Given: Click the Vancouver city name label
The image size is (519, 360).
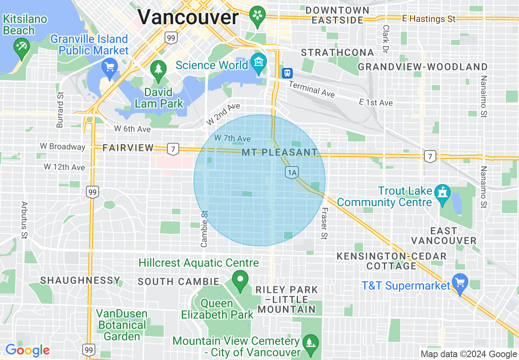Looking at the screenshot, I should coord(188,18).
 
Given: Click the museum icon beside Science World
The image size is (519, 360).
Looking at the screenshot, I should coord(259,62).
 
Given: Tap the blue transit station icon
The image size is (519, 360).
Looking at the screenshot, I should coord(287,73).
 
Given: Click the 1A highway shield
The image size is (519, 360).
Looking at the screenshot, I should coord(292,173).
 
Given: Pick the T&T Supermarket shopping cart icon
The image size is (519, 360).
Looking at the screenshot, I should coord(460,283).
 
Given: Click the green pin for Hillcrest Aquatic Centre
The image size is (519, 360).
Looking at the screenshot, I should coord(240,280).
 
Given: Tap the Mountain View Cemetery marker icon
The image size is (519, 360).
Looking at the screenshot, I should coord(311,342).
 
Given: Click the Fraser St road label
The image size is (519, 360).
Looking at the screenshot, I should coord(324,223).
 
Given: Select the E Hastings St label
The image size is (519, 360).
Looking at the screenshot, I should coord(429,18).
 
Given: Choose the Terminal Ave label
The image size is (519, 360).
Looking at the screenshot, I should coord(311,89).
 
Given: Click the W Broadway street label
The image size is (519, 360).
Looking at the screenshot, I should coord(63,146).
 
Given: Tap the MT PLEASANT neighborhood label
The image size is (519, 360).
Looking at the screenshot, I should coord(280,153).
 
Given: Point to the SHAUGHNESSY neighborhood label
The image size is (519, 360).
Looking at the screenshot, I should coord(80,281).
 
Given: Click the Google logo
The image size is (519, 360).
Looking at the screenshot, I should coord(27,350).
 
